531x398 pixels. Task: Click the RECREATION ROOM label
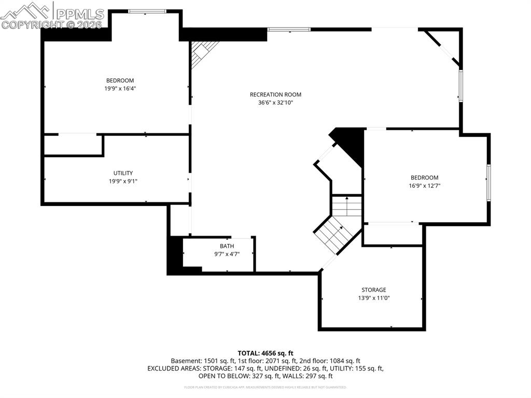pyautogui.click(x=275, y=94)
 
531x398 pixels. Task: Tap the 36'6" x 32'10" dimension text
pyautogui.click(x=275, y=102)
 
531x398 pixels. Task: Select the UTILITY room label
pyautogui.click(x=123, y=173)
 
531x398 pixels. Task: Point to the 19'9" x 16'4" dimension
pyautogui.click(x=120, y=88)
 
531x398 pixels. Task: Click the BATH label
pyautogui.click(x=227, y=246)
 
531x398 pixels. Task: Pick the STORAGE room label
pyautogui.click(x=373, y=290)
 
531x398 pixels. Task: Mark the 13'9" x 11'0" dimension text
pyautogui.click(x=373, y=298)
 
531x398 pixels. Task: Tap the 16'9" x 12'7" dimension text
pyautogui.click(x=424, y=185)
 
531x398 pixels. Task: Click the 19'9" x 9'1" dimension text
pyautogui.click(x=123, y=181)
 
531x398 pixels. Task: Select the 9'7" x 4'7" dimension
pyautogui.click(x=227, y=254)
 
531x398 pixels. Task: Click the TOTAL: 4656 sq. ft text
pyautogui.click(x=265, y=353)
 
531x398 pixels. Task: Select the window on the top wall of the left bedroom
pyautogui.click(x=147, y=11)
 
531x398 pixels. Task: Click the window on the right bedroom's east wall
pyautogui.click(x=488, y=182)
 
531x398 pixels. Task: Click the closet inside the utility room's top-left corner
pyautogui.click(x=73, y=145)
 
